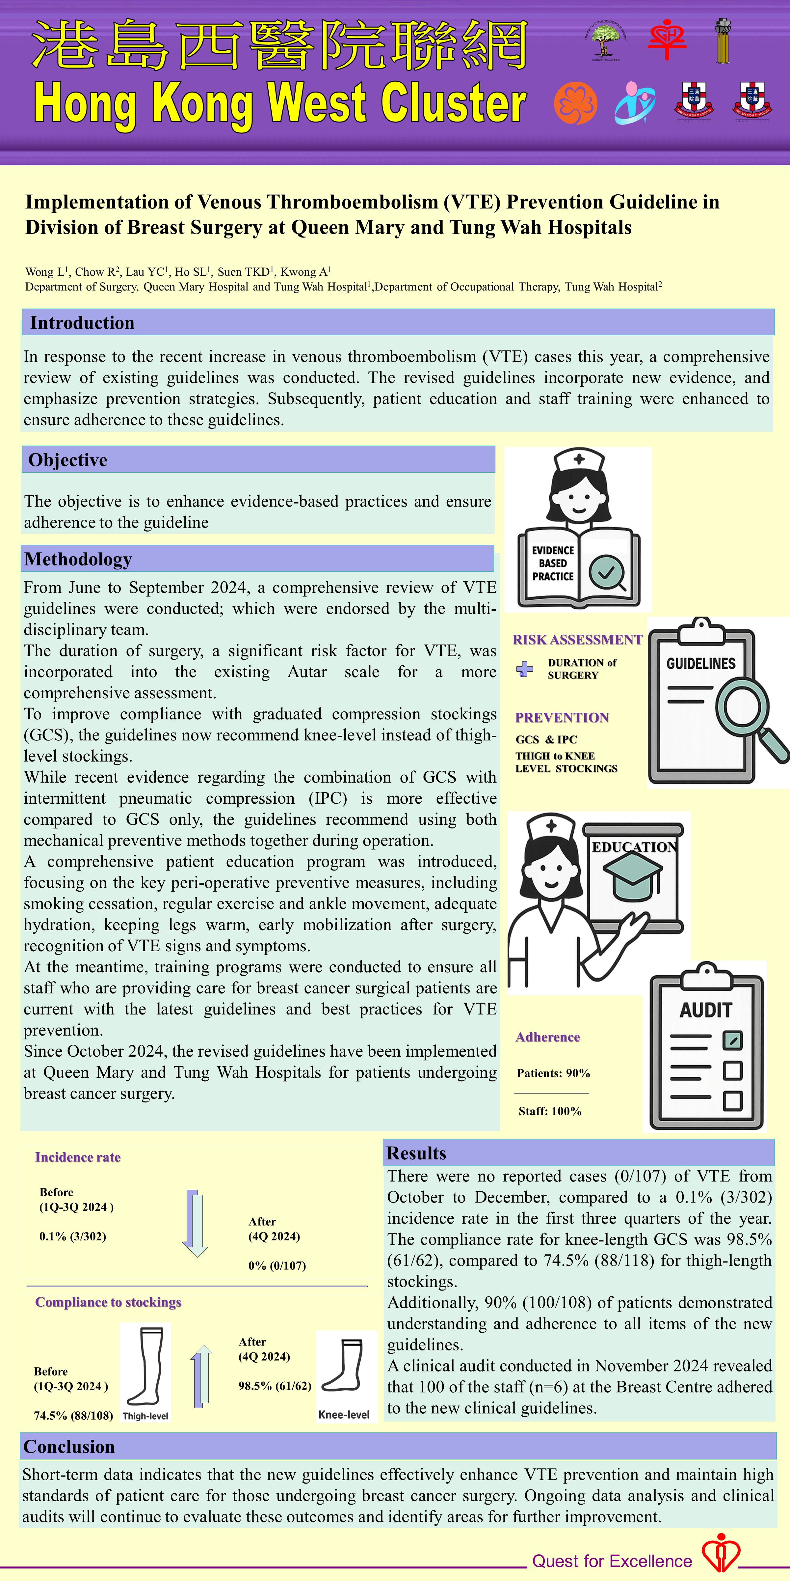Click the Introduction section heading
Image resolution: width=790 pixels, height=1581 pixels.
[x=82, y=323]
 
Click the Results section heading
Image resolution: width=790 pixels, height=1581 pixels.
[x=416, y=1153]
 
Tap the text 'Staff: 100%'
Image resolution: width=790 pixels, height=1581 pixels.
[x=550, y=1111]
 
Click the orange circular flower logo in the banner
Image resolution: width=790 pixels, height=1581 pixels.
[x=575, y=103]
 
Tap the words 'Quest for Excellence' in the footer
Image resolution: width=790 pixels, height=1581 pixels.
[x=612, y=1561]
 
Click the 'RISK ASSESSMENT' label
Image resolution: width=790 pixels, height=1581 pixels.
[x=577, y=640]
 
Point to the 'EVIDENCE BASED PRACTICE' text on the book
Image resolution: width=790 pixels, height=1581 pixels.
[x=553, y=564]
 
